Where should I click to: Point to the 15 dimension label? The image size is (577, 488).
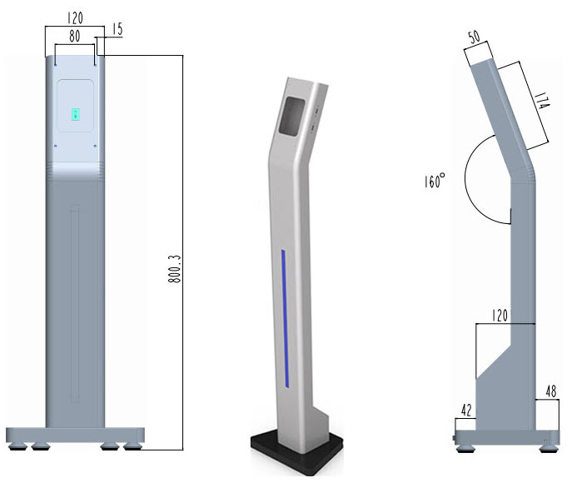[x=117, y=30]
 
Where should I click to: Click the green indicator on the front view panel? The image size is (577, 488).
[x=75, y=114]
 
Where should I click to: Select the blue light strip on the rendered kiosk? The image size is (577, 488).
[x=284, y=316]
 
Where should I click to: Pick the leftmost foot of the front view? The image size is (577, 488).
[x=17, y=448]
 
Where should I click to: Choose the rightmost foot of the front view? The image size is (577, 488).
[x=132, y=448]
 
